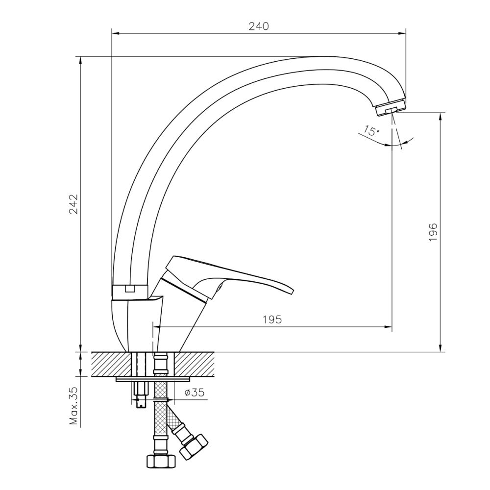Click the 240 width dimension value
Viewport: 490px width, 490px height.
(259, 26)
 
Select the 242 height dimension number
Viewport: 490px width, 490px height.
(73, 204)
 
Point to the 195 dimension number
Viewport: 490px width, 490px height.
(272, 319)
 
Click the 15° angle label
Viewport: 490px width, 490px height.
(371, 131)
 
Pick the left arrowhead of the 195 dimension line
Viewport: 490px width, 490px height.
(157, 327)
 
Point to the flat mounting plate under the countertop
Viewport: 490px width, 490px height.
(153, 379)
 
